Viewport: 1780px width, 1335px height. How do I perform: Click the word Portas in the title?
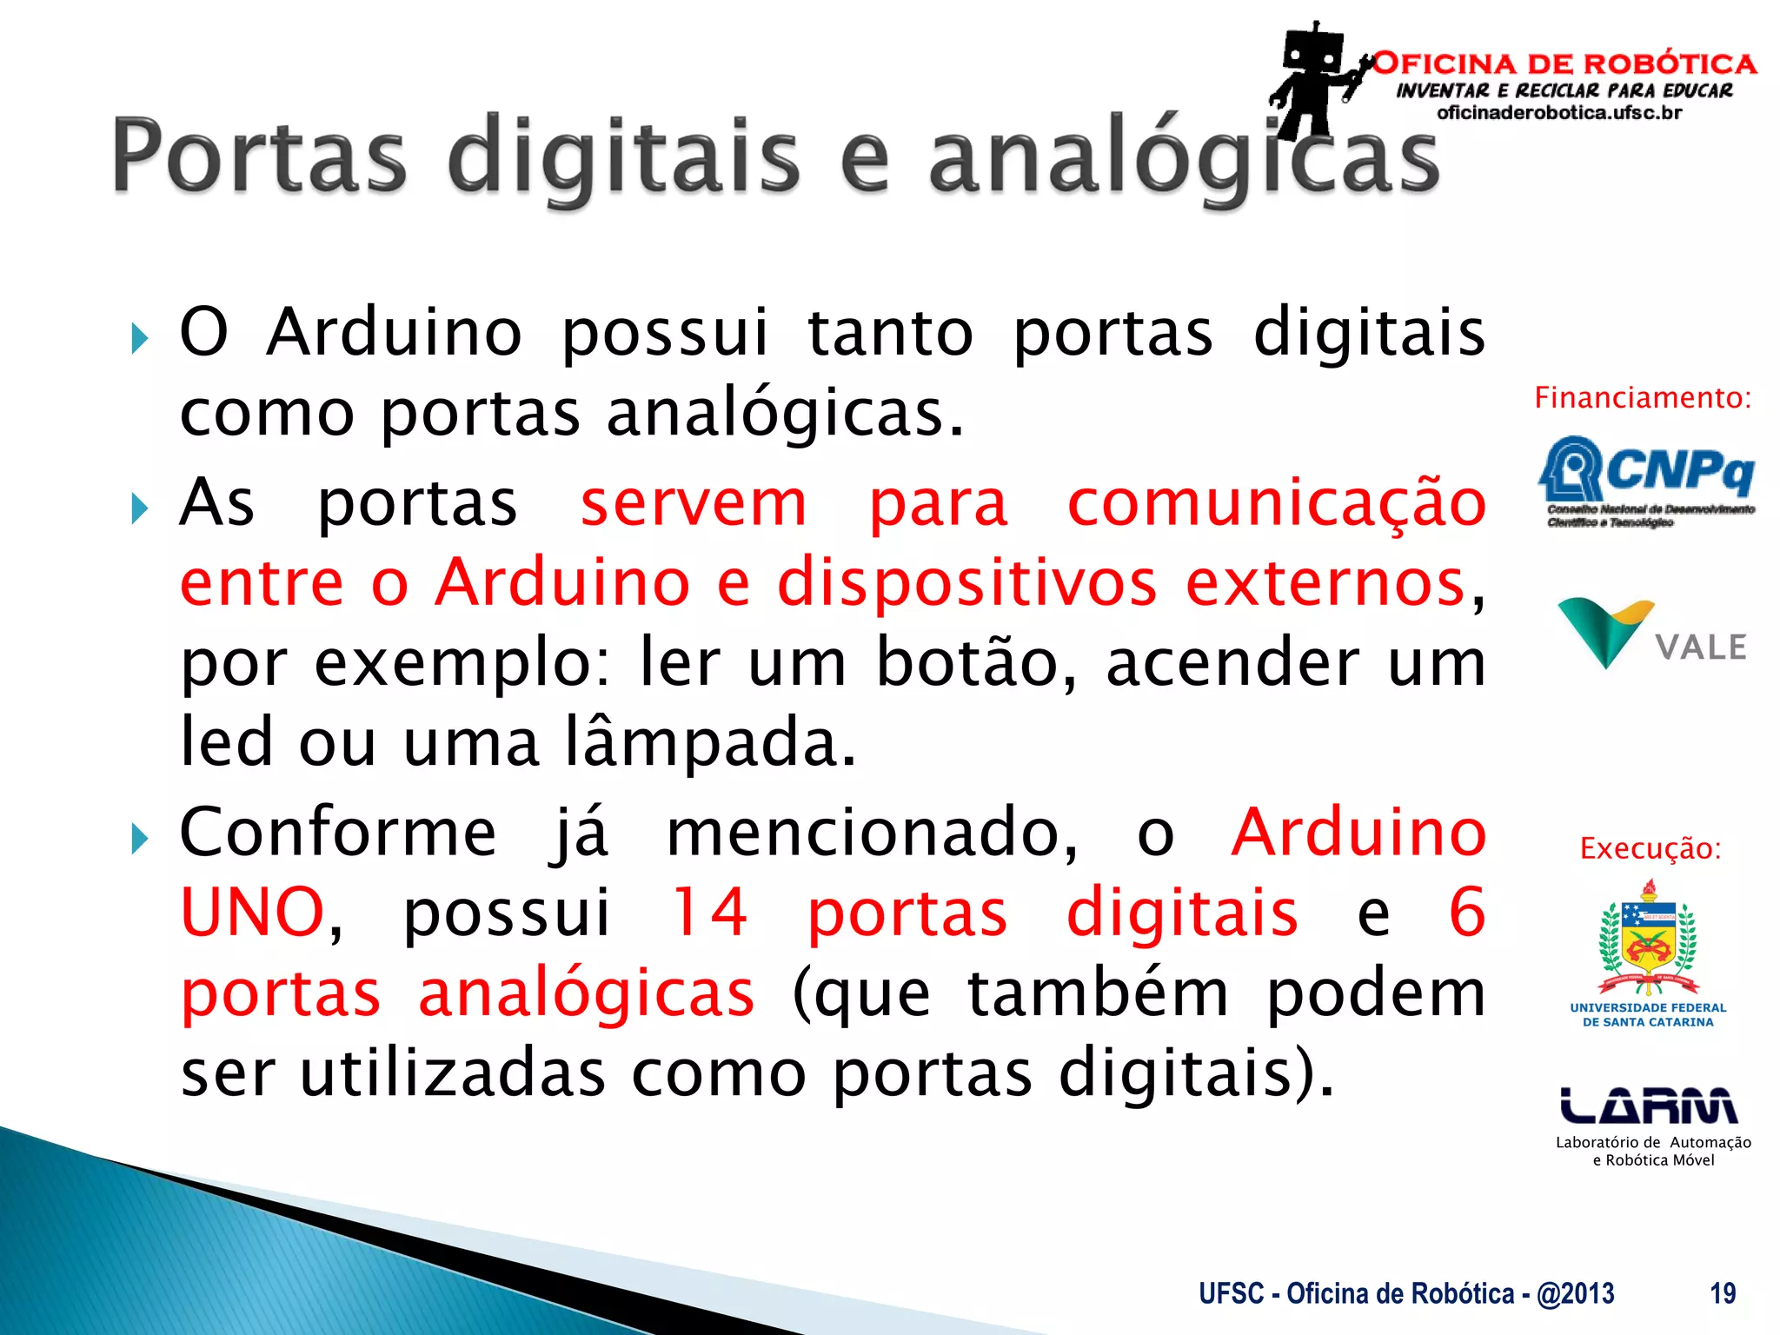(x=259, y=156)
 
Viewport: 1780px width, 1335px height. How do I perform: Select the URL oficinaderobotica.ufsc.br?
(x=1559, y=113)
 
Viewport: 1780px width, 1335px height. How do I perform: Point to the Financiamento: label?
(x=1642, y=398)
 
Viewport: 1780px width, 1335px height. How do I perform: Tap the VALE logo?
(x=1651, y=634)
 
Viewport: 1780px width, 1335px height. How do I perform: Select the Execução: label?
(x=1650, y=848)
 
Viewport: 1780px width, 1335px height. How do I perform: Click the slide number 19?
(x=1723, y=1293)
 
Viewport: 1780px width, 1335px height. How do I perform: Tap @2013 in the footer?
(x=1575, y=1293)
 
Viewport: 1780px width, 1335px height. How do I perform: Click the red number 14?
(x=709, y=913)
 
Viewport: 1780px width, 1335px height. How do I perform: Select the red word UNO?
(x=252, y=913)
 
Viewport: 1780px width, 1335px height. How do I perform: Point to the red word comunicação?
(x=1276, y=504)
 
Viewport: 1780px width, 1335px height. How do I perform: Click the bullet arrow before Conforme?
(x=140, y=840)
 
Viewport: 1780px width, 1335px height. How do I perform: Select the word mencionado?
(x=871, y=833)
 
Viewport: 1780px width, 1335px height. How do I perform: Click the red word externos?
(x=1325, y=583)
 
